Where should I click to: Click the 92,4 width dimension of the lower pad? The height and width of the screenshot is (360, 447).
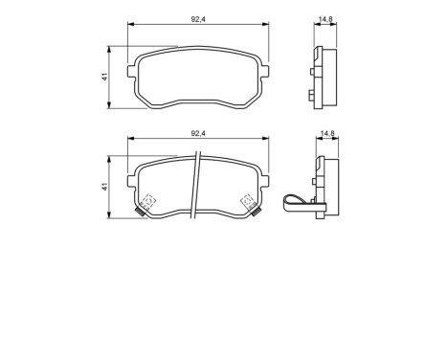[x=198, y=133]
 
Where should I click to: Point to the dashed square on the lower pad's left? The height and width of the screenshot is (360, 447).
[x=148, y=202]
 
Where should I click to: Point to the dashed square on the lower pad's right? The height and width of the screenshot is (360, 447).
[x=247, y=201]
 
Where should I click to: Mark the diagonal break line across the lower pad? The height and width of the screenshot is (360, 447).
[x=197, y=187]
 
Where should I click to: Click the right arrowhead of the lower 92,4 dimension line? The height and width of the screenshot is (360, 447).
[x=265, y=141]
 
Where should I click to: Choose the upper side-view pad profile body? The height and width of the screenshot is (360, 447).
[x=325, y=77]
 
